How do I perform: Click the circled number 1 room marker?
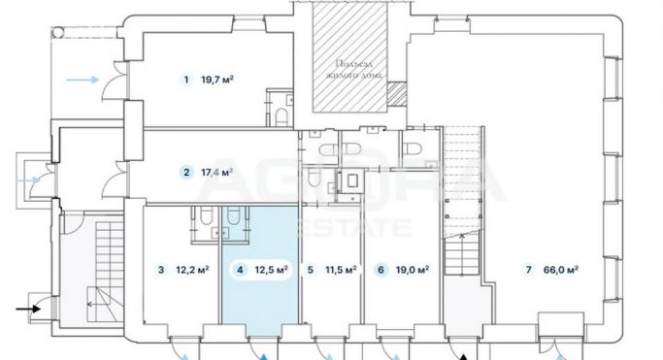pyautogui.click(x=184, y=80)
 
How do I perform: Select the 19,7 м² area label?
pyautogui.click(x=218, y=80)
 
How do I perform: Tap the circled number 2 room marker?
pyautogui.click(x=184, y=174)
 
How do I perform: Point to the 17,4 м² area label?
pyautogui.click(x=218, y=174)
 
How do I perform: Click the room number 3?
pyautogui.click(x=160, y=270)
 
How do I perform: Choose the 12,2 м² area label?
pyautogui.click(x=193, y=270)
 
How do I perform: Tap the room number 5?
pyautogui.click(x=310, y=270)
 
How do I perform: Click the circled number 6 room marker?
pyautogui.click(x=381, y=270)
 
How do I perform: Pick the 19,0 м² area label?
pyautogui.click(x=413, y=270)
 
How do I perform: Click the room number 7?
pyautogui.click(x=527, y=270)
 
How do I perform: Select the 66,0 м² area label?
pyautogui.click(x=561, y=270)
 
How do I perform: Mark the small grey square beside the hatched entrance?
pyautogui.click(x=395, y=93)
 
